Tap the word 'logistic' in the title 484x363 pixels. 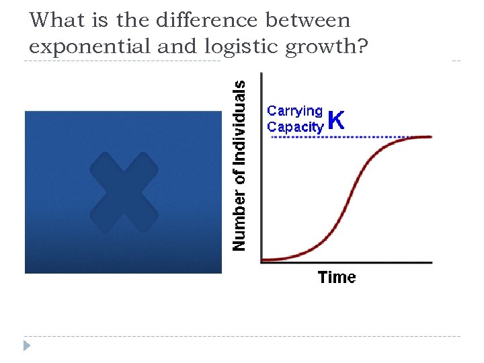pos(235,46)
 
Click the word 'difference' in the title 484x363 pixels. pos(206,21)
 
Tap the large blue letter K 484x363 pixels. pos(337,121)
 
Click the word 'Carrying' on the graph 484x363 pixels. pos(295,111)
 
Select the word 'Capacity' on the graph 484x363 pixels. pos(295,126)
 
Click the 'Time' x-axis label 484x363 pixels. pos(337,277)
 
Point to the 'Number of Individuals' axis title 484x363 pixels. pos(239,165)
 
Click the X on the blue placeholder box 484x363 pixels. pos(124,193)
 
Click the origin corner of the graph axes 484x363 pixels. pos(261,262)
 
